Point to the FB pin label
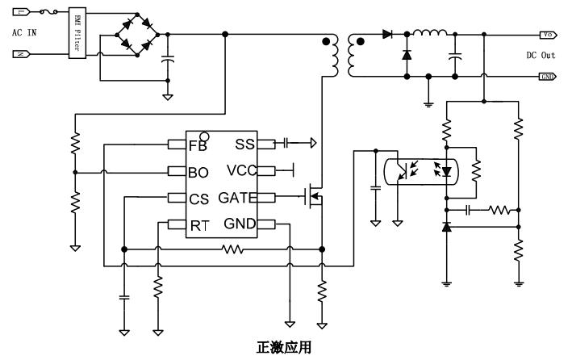coord(198,145)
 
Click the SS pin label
coord(244,144)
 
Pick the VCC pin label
coord(242,170)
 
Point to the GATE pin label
coord(238,198)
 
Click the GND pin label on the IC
coord(240,224)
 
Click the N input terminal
coord(22,56)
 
